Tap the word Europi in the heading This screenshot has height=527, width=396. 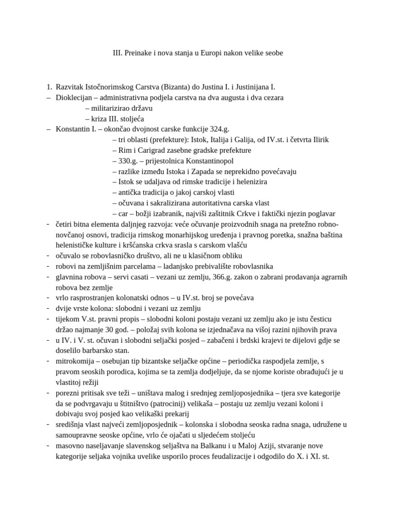[x=225, y=53]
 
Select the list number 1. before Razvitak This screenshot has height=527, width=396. [x=49, y=87]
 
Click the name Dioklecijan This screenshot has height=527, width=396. [x=74, y=97]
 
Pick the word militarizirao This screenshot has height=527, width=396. [x=109, y=108]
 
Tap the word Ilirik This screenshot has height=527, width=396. [x=318, y=140]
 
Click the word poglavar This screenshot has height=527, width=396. [x=320, y=214]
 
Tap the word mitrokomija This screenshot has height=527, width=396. [x=76, y=361]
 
